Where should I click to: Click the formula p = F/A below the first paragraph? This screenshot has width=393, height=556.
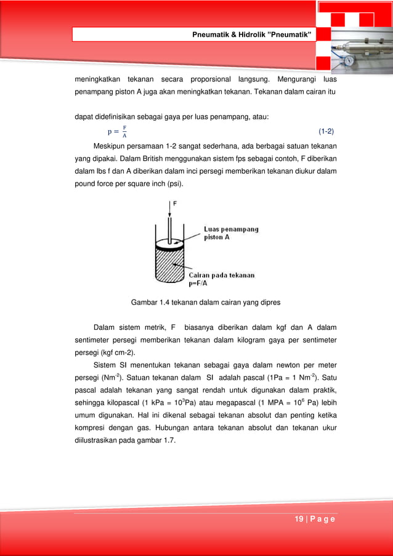(117, 131)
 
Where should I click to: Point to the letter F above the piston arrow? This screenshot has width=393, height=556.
(176, 203)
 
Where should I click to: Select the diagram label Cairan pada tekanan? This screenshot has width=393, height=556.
(229, 276)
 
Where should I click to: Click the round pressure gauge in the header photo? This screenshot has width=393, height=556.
(349, 62)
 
